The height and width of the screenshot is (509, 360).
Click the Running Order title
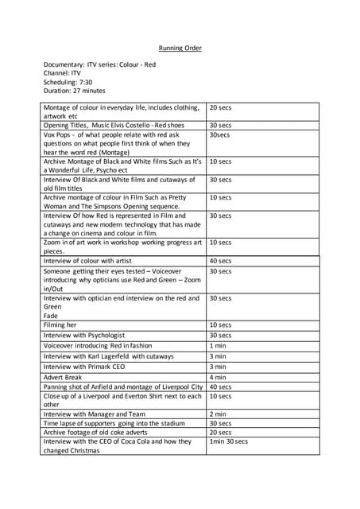click(180, 49)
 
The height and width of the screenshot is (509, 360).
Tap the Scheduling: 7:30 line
click(68, 81)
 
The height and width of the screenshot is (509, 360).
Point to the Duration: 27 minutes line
click(74, 91)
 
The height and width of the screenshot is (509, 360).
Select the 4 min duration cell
click(217, 377)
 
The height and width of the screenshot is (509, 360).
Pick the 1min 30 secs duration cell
click(228, 441)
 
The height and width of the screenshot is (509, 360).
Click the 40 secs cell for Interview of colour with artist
click(220, 261)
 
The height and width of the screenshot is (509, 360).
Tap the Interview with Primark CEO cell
click(83, 367)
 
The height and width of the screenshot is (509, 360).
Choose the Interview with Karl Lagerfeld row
click(108, 356)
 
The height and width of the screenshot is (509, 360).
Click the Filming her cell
click(60, 324)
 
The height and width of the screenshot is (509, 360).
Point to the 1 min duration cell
click(217, 346)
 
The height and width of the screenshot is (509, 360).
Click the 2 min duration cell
click(217, 414)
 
